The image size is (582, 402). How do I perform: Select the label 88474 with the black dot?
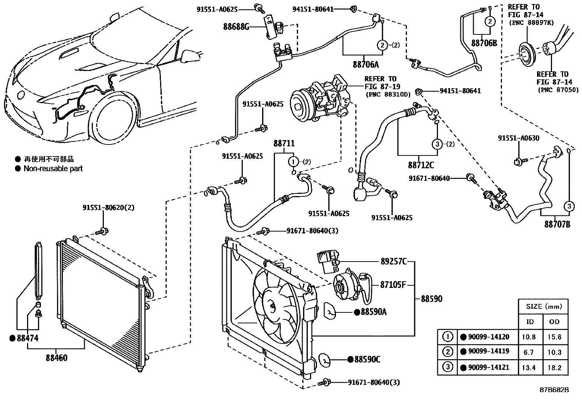[27, 338]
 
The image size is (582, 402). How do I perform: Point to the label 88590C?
[367, 360]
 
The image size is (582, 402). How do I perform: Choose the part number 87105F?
[393, 285]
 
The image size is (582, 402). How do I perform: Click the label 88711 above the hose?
[284, 144]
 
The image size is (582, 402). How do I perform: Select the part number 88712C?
[421, 165]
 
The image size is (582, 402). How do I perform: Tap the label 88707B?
[557, 224]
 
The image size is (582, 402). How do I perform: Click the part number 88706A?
[366, 65]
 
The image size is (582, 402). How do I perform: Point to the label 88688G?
[236, 26]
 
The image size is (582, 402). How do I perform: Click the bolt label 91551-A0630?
[518, 138]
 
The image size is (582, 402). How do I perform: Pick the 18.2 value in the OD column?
[554, 368]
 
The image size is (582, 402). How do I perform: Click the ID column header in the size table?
[530, 322]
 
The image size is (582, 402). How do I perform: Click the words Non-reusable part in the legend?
[53, 169]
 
